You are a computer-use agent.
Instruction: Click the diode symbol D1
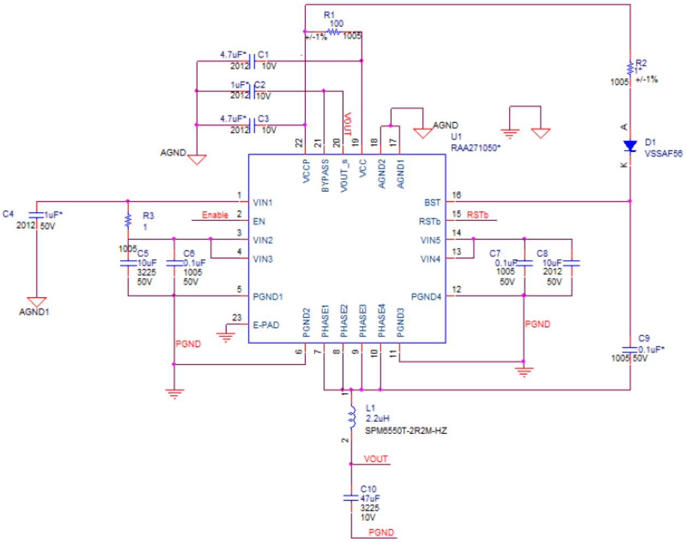630,146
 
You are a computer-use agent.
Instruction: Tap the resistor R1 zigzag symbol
334,32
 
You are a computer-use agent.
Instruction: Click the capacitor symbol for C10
351,498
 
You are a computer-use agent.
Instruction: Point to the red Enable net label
215,215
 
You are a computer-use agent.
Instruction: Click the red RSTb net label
477,215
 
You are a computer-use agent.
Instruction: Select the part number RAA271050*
475,148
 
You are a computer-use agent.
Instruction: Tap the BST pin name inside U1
432,202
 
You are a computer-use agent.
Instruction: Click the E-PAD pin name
266,325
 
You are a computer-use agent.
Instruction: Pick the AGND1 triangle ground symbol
37,302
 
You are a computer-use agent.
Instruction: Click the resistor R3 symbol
128,220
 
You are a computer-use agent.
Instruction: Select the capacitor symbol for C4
36,215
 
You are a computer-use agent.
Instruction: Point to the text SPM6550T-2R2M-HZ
405,431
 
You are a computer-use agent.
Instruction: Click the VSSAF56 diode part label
663,154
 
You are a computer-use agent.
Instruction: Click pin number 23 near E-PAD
236,317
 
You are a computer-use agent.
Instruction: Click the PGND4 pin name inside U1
426,297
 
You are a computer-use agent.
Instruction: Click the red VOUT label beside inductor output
376,459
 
